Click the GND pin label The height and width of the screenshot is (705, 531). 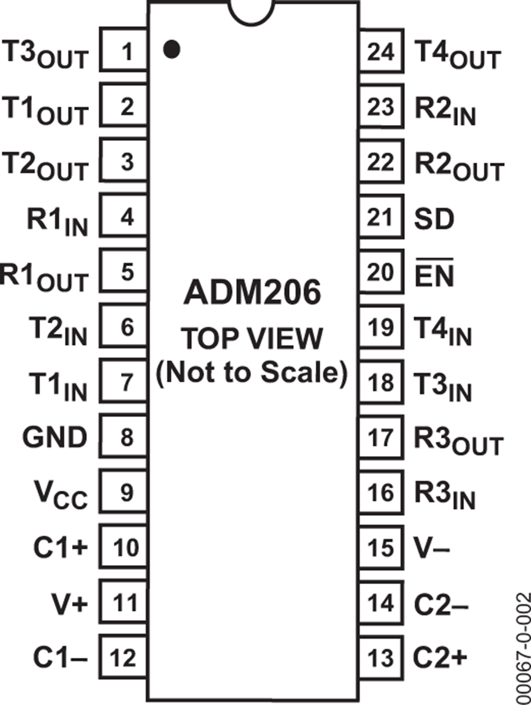tap(54, 437)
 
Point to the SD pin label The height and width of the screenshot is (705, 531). tap(434, 219)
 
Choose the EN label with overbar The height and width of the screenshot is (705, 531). tap(434, 274)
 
